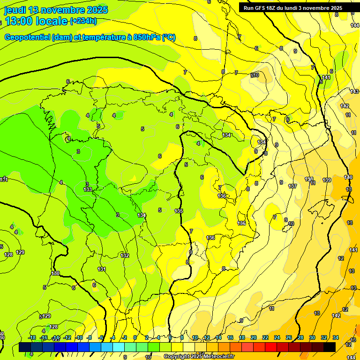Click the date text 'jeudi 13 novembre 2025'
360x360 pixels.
(x=56, y=10)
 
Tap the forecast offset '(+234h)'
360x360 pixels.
(x=83, y=21)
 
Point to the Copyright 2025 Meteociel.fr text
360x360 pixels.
(x=199, y=357)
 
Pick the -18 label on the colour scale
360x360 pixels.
(x=32, y=337)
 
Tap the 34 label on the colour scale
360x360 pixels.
(x=336, y=337)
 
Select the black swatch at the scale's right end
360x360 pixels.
(x=330, y=347)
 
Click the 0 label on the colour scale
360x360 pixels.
(x=135, y=337)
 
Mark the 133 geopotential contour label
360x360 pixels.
(x=88, y=189)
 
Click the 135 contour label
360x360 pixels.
(x=179, y=211)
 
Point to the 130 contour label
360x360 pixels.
(x=55, y=273)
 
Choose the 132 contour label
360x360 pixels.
(x=125, y=255)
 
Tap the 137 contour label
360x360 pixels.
(x=293, y=186)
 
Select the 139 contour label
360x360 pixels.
(x=327, y=180)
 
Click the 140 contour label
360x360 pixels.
(x=348, y=177)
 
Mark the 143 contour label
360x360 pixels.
(x=354, y=91)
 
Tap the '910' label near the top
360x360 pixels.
(x=255, y=75)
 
